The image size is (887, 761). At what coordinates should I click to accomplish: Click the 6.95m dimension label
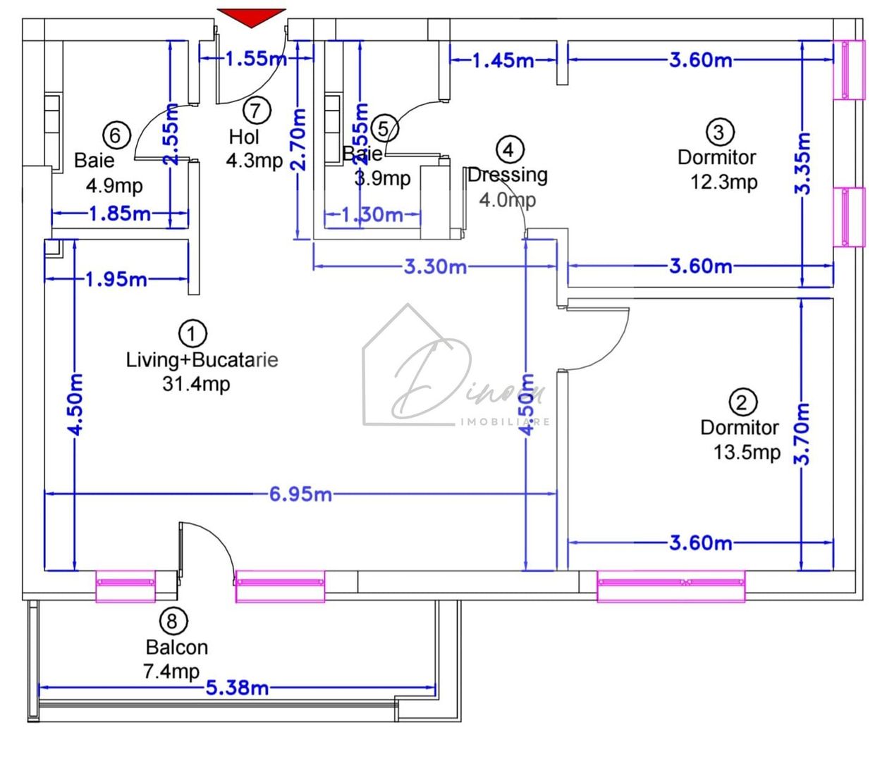(x=300, y=494)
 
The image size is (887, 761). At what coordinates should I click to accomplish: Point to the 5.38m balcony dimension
(x=237, y=687)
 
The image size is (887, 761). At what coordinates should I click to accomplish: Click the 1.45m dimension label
(x=503, y=61)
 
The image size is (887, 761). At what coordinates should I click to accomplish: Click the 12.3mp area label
(x=723, y=182)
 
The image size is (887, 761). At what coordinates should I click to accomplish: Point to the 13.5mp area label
(x=747, y=452)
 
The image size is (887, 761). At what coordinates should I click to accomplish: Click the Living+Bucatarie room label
(x=202, y=360)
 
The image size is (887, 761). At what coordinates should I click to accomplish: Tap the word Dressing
(x=508, y=174)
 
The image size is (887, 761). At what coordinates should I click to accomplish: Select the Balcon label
(x=176, y=647)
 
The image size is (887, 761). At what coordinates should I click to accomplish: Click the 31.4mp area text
(x=195, y=385)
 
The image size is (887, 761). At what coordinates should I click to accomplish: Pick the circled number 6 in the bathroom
(x=116, y=135)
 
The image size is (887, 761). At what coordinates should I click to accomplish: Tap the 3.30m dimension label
(x=435, y=266)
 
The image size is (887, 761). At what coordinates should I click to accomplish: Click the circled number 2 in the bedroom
(x=742, y=402)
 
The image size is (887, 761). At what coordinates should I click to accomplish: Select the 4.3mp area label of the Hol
(x=254, y=161)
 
